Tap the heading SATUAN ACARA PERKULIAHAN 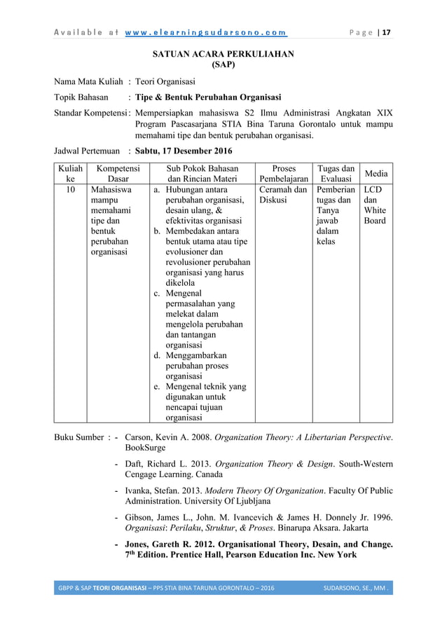pos(224,53)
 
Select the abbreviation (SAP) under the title pos(224,64)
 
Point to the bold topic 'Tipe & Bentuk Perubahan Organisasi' pos(208,97)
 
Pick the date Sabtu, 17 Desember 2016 pos(184,151)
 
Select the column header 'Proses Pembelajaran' pos(283,174)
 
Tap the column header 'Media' pos(376,174)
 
